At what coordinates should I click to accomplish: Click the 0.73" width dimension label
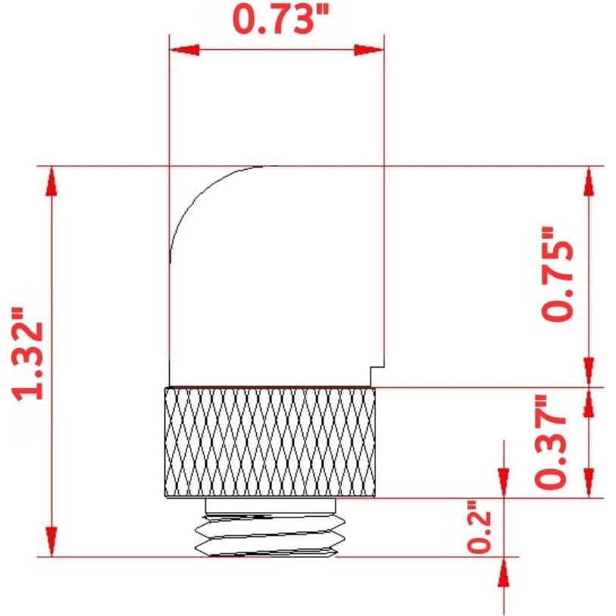pyautogui.click(x=280, y=19)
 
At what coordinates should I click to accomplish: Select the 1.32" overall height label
pyautogui.click(x=27, y=354)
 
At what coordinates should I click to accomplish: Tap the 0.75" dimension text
pyautogui.click(x=557, y=274)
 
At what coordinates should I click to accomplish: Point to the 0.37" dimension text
pyautogui.click(x=550, y=441)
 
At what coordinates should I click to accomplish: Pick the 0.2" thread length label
pyautogui.click(x=480, y=527)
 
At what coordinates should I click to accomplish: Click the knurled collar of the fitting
pyautogui.click(x=270, y=442)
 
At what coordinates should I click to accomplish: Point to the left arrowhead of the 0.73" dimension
pyautogui.click(x=184, y=50)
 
